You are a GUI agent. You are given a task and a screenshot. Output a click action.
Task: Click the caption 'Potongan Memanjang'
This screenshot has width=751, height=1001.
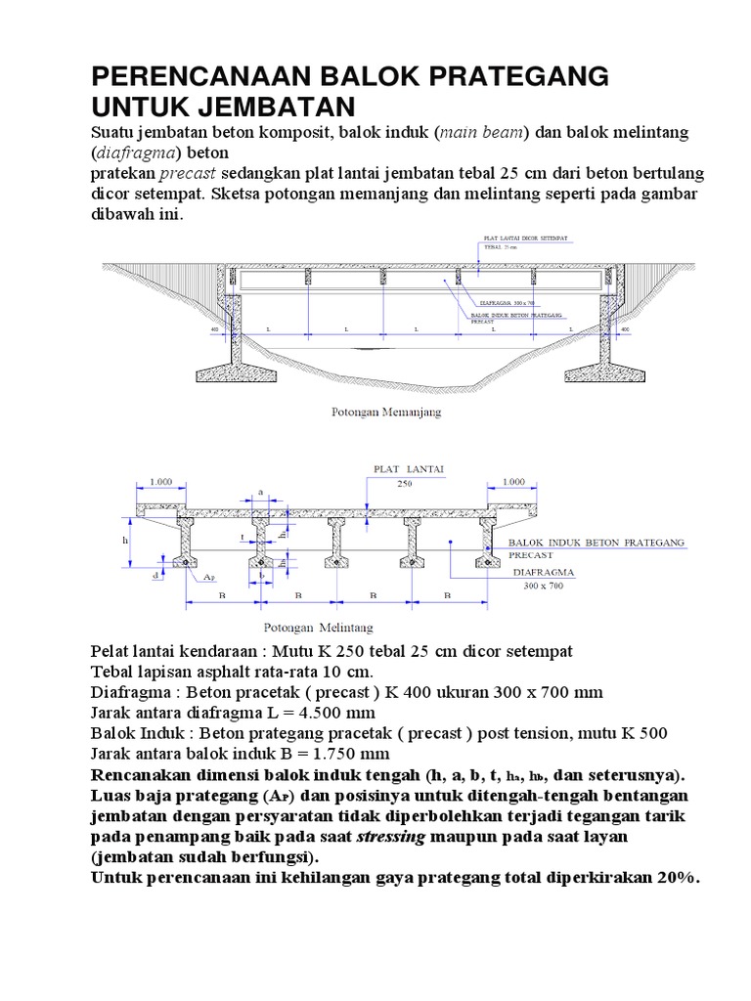382,413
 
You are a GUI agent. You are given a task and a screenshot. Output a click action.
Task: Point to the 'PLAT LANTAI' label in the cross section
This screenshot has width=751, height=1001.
409,469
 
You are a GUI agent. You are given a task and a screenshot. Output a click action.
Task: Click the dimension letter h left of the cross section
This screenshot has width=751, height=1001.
125,540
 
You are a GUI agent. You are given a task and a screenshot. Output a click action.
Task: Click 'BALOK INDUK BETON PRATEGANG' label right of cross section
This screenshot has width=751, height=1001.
596,542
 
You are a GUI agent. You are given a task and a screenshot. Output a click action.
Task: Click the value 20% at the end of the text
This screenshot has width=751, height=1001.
674,877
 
